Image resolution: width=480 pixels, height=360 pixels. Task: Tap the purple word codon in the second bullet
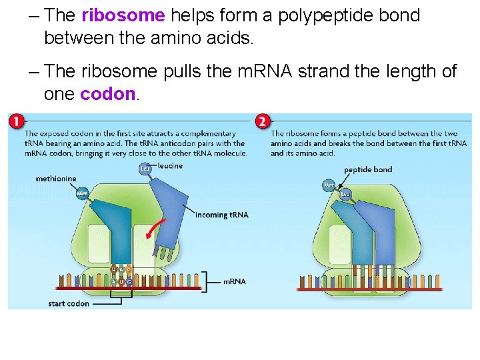(x=107, y=94)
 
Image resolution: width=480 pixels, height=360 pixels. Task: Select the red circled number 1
(x=17, y=121)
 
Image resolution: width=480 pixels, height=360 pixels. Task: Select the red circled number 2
(x=263, y=121)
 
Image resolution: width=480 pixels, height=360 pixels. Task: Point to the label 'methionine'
(x=56, y=179)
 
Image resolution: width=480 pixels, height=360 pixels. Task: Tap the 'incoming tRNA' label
(x=221, y=215)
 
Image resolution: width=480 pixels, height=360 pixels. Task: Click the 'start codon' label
(x=69, y=303)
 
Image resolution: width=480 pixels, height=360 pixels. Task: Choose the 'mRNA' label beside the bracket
(x=234, y=281)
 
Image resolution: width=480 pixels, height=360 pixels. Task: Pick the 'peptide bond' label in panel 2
(x=368, y=169)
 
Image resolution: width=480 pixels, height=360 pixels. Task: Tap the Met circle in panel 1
(x=81, y=193)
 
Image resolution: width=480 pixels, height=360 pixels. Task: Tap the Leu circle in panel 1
(x=145, y=169)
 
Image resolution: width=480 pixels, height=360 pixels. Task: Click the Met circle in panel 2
(x=329, y=185)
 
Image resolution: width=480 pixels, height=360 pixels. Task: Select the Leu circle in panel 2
(x=345, y=194)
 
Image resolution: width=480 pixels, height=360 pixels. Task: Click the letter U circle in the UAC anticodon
(x=114, y=269)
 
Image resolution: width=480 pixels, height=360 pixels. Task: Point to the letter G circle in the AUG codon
(x=129, y=282)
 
